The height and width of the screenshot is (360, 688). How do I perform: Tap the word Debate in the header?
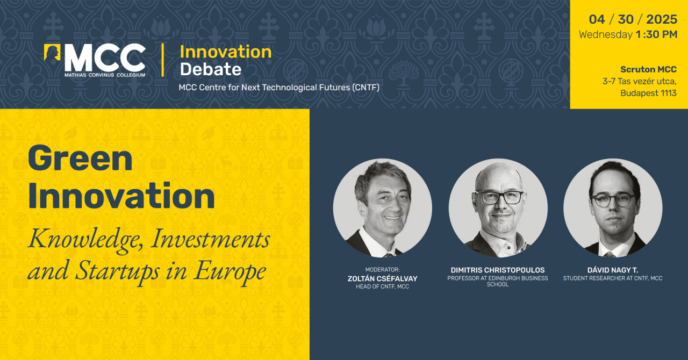pos(211,69)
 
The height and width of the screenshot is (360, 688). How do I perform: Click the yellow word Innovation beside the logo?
pos(226,52)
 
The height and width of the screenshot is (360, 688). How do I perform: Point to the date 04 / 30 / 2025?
pos(633,19)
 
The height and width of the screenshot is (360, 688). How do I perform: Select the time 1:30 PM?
pos(657,34)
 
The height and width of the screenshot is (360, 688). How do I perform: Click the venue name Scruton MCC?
pos(648,69)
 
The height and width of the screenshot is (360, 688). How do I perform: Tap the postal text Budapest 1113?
pos(648,93)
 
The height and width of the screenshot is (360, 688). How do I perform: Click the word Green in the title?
pos(80,159)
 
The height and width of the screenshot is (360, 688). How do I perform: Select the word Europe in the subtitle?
pos(230,271)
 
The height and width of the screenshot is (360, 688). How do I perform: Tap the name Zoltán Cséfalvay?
pos(382,279)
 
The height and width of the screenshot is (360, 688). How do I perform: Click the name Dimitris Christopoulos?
pos(498,270)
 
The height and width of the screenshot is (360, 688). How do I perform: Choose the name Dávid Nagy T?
pos(613,270)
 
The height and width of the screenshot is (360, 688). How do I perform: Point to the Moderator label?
pos(382,270)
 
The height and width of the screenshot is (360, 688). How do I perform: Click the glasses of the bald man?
pos(499,198)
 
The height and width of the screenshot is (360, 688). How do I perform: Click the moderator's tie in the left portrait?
pos(388,255)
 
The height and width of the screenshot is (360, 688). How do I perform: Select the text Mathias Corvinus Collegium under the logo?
pos(105,75)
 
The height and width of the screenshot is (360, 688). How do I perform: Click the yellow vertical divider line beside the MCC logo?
pos(162,60)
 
